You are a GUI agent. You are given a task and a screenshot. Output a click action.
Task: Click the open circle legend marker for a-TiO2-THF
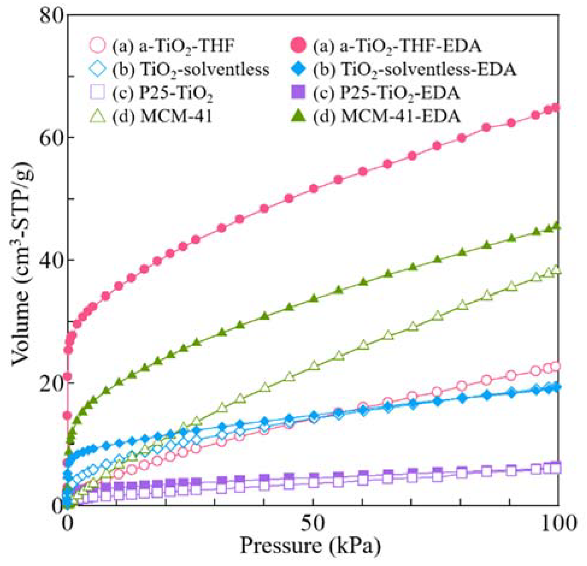(x=98, y=46)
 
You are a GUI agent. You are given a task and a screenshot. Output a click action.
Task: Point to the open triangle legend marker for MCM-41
(x=98, y=116)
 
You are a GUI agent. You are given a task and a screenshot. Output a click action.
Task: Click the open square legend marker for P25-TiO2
(x=98, y=92)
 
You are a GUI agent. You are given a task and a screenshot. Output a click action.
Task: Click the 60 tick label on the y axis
(x=52, y=137)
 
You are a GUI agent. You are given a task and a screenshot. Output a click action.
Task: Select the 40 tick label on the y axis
(x=52, y=260)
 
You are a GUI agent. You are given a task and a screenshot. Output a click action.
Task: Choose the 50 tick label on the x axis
(x=313, y=523)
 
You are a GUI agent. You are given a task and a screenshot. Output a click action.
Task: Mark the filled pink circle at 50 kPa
(x=314, y=189)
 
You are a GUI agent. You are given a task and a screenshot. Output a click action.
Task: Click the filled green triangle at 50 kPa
(x=314, y=298)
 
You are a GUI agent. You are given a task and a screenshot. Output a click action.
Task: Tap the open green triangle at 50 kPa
(x=314, y=365)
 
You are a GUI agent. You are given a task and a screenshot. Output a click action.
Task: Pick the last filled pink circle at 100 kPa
(x=556, y=107)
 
